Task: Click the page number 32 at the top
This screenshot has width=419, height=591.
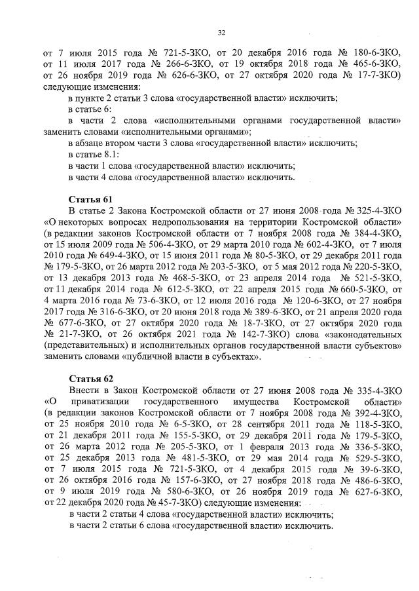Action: (x=221, y=32)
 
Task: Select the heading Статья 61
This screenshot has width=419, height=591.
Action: (x=91, y=198)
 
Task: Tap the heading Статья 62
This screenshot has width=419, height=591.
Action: (x=91, y=379)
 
